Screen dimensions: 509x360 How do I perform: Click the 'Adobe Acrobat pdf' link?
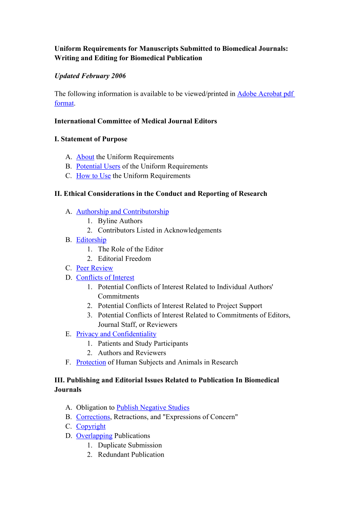point(265,94)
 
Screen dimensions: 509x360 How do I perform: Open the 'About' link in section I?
point(85,157)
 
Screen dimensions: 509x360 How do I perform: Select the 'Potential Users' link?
point(98,167)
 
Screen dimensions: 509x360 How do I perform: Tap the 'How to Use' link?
point(93,176)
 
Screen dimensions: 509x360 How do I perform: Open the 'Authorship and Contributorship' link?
point(122,212)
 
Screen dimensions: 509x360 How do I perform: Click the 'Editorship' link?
point(91,240)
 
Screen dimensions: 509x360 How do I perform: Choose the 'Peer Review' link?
point(94,268)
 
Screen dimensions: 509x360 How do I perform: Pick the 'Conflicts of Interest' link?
point(105,278)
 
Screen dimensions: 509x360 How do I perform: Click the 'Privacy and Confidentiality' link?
point(116,334)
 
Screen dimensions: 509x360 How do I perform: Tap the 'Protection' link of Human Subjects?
point(91,362)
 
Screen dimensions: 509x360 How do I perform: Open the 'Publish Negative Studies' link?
point(153,408)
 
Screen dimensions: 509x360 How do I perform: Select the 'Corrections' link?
point(93,417)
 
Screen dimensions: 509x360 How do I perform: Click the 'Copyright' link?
point(91,427)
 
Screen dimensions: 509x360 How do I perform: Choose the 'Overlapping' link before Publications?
point(94,436)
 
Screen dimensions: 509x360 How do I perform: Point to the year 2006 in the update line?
point(118,76)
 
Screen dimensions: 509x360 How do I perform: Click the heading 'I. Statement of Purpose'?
point(91,139)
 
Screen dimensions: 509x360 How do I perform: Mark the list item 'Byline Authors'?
point(120,221)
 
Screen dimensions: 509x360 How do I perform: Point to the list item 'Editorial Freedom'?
point(124,259)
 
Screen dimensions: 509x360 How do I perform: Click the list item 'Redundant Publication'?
point(131,455)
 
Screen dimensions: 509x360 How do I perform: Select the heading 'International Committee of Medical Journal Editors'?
point(135,121)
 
